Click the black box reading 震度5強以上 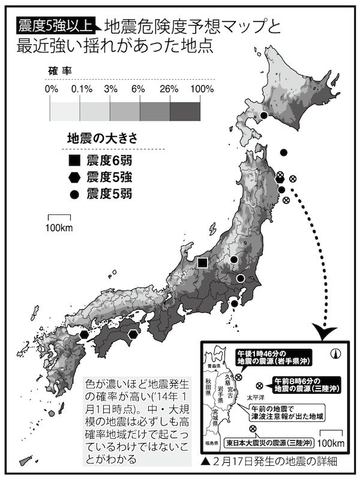55,25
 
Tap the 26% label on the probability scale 170,89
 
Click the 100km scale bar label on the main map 59,227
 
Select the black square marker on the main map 203,262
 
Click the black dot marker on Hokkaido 263,116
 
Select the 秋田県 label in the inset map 209,388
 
